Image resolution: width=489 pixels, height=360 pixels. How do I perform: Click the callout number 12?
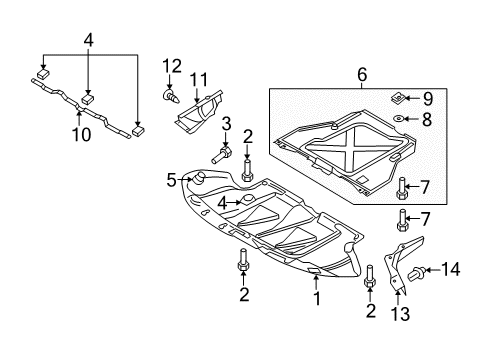point(172,66)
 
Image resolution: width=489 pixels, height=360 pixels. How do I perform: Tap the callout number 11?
point(199,80)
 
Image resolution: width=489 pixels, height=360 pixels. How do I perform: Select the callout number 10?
point(82,135)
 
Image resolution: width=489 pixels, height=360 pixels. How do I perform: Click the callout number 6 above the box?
point(362,75)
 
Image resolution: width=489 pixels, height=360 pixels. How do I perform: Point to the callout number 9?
point(428,99)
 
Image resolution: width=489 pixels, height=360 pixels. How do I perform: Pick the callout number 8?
point(427,119)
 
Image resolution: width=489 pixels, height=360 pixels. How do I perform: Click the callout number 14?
point(451,269)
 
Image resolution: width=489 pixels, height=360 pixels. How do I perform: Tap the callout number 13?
point(400,314)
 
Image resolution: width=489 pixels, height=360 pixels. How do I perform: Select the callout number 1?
point(317,298)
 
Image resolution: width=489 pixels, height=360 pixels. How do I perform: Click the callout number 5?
point(171,181)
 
